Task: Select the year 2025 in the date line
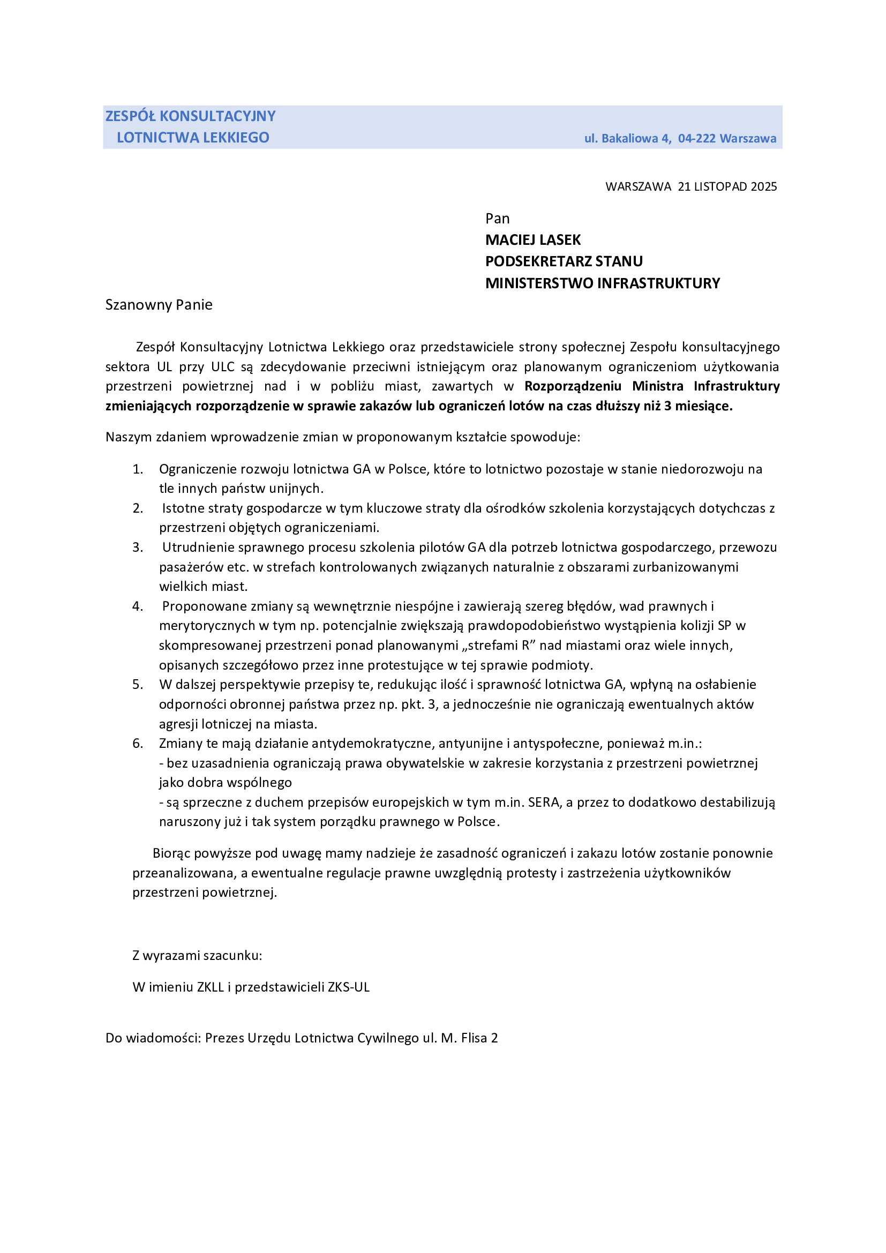[763, 186]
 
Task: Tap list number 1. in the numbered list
[138, 469]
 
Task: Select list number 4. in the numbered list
[138, 606]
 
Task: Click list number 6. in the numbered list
[138, 744]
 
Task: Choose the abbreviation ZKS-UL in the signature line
[349, 987]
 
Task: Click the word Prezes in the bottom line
[224, 1038]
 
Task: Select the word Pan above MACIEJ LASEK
[497, 219]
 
